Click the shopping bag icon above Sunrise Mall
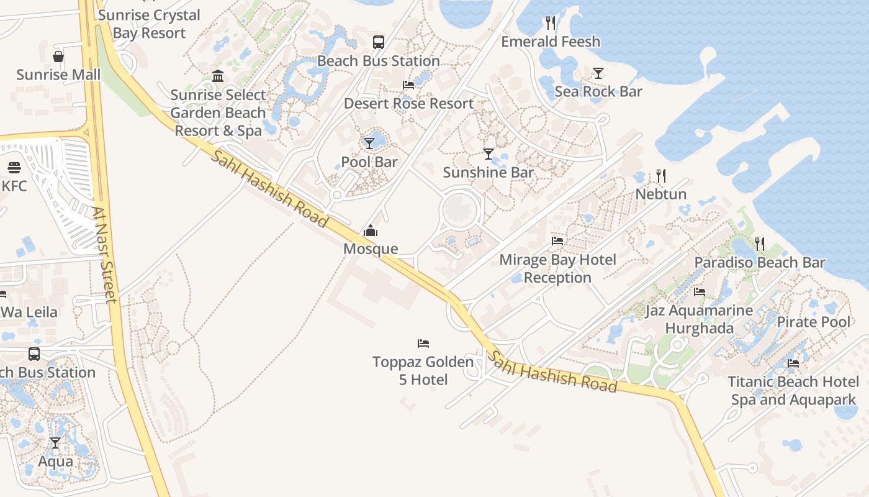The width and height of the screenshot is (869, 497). pyautogui.click(x=58, y=57)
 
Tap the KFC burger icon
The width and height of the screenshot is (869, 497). pyautogui.click(x=14, y=168)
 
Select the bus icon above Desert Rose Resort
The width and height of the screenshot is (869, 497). pyautogui.click(x=378, y=42)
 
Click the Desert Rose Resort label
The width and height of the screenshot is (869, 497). pyautogui.click(x=408, y=103)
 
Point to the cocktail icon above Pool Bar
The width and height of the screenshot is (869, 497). pyautogui.click(x=369, y=144)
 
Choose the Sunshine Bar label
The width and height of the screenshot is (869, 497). pyautogui.click(x=488, y=172)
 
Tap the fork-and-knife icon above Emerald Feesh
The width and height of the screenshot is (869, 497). pyautogui.click(x=550, y=23)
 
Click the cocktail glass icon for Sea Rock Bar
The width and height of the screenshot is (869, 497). pyautogui.click(x=598, y=73)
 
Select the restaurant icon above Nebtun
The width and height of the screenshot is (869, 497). pyautogui.click(x=660, y=176)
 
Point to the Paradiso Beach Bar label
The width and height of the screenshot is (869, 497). pyautogui.click(x=760, y=262)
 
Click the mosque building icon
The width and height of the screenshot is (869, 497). pyautogui.click(x=371, y=231)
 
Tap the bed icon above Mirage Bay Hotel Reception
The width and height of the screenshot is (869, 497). pyautogui.click(x=557, y=241)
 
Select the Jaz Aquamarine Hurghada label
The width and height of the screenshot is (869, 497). pyautogui.click(x=699, y=319)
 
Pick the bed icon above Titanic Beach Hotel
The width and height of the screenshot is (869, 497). pyautogui.click(x=793, y=363)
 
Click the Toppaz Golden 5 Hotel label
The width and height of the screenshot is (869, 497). pyautogui.click(x=423, y=370)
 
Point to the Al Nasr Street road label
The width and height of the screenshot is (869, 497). pyautogui.click(x=104, y=255)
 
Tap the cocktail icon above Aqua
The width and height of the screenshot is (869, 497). pyautogui.click(x=55, y=443)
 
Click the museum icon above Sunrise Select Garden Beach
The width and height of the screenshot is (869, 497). pyautogui.click(x=218, y=76)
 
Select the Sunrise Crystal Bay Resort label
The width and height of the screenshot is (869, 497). pyautogui.click(x=149, y=24)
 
